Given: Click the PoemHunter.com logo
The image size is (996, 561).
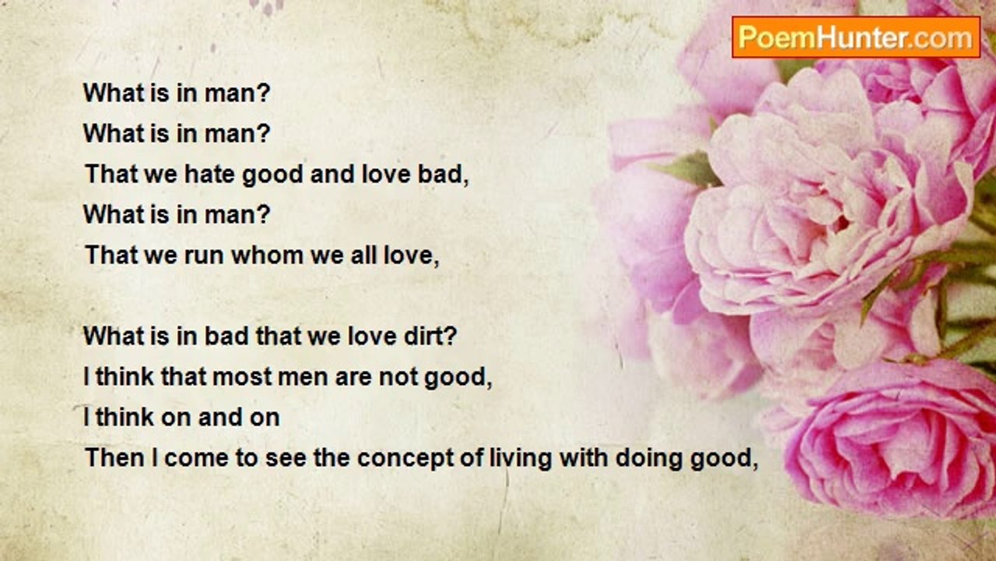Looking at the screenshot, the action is pos(856,37).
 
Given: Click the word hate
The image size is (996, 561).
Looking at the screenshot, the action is pos(209,174).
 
